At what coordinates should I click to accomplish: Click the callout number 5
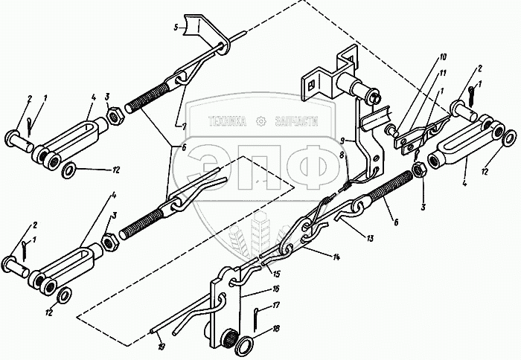coord(176,28)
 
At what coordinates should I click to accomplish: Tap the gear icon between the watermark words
coord(260,121)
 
